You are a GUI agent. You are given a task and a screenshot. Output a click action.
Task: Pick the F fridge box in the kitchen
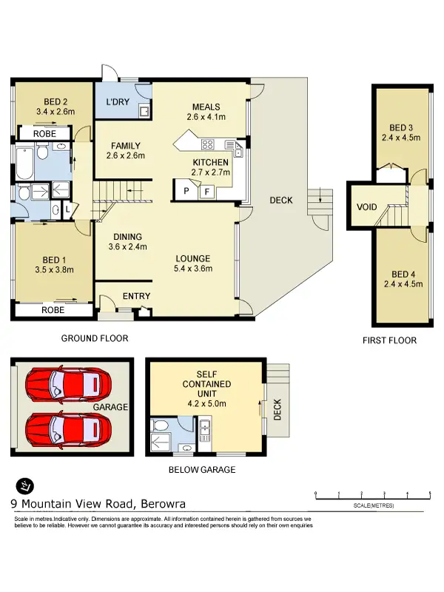click(207, 191)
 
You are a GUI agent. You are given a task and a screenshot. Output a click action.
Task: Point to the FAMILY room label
click(125, 146)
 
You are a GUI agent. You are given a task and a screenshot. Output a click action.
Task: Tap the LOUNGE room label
click(192, 258)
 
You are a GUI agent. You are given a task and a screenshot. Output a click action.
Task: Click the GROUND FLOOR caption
click(95, 338)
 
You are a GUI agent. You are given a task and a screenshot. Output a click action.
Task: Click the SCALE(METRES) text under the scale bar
click(373, 505)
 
